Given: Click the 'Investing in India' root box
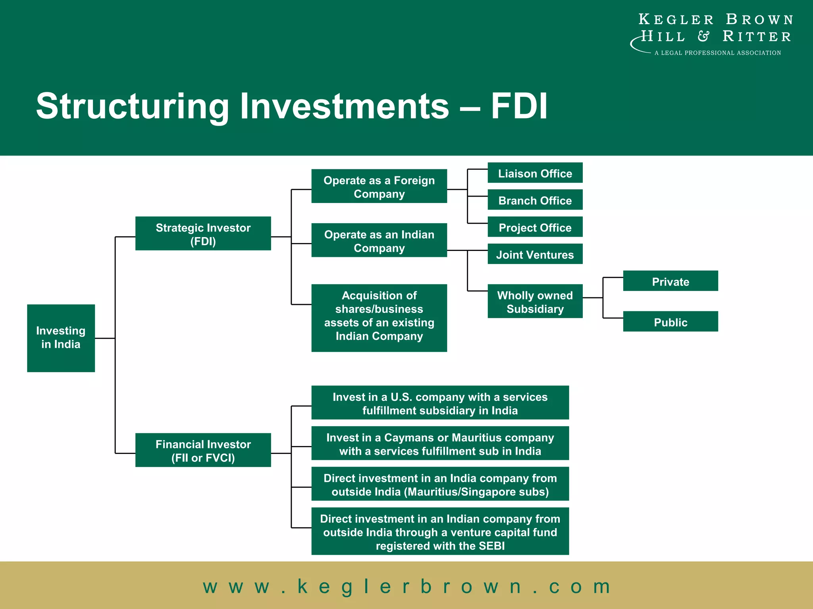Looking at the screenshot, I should click(61, 338).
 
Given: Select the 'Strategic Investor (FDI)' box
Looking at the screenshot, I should click(203, 234).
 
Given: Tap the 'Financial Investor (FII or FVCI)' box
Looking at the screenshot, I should click(203, 450).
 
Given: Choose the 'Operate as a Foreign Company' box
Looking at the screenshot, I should click(379, 186).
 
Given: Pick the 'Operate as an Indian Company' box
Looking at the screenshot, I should click(379, 240).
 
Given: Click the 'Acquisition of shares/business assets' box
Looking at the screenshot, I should click(379, 318).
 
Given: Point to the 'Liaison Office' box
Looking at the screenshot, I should click(535, 173).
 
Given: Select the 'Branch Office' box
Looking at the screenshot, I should click(535, 200).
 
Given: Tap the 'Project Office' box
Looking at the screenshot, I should click(535, 227).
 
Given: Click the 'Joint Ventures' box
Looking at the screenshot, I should click(535, 254).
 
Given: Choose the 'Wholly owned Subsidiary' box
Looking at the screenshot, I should click(535, 301).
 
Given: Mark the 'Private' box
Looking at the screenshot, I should click(670, 281).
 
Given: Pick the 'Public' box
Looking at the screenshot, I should click(670, 322).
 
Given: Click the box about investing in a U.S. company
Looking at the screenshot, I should click(440, 403).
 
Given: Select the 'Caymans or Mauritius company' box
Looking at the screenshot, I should click(440, 443).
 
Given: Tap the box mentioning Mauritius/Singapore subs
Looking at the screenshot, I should click(440, 484).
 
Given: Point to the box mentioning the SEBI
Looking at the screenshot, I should click(440, 531).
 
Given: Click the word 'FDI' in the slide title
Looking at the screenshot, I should click(519, 106).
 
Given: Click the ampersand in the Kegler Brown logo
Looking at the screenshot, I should click(703, 36).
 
